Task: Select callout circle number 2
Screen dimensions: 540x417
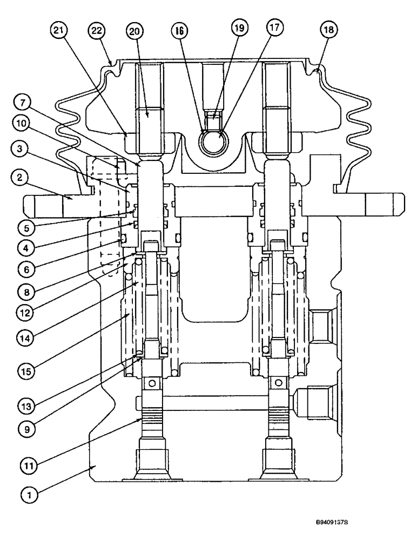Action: [20, 178]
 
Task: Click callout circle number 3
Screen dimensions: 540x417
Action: [20, 152]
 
